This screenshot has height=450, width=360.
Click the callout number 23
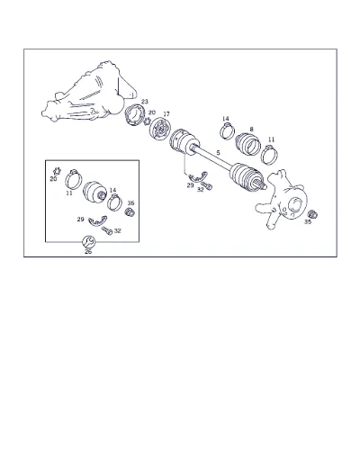[x=145, y=102]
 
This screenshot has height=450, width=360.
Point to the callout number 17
[x=166, y=114]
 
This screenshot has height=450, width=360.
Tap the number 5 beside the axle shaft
[x=218, y=153]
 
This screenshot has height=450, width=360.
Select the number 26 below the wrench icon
[x=88, y=252]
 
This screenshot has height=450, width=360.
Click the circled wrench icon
[x=89, y=241]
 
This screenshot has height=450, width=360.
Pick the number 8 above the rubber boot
[x=251, y=129]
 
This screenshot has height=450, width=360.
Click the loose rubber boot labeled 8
[x=247, y=144]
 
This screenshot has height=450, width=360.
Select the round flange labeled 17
[x=160, y=129]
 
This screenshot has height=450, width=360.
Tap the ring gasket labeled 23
[x=135, y=116]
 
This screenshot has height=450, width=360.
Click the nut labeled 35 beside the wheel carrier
[x=312, y=214]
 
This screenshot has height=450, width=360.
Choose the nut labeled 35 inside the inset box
[x=130, y=211]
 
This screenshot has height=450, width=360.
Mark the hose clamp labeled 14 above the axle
[x=228, y=131]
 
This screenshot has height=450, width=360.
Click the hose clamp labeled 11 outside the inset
[x=269, y=155]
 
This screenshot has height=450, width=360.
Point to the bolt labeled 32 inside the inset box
[x=107, y=230]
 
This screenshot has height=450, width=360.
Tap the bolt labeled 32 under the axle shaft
[x=206, y=185]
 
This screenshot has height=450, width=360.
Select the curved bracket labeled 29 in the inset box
[x=97, y=220]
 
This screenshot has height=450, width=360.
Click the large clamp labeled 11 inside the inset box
[x=73, y=179]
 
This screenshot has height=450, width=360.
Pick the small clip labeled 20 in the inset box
[x=57, y=171]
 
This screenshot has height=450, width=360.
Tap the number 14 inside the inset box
[x=112, y=190]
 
